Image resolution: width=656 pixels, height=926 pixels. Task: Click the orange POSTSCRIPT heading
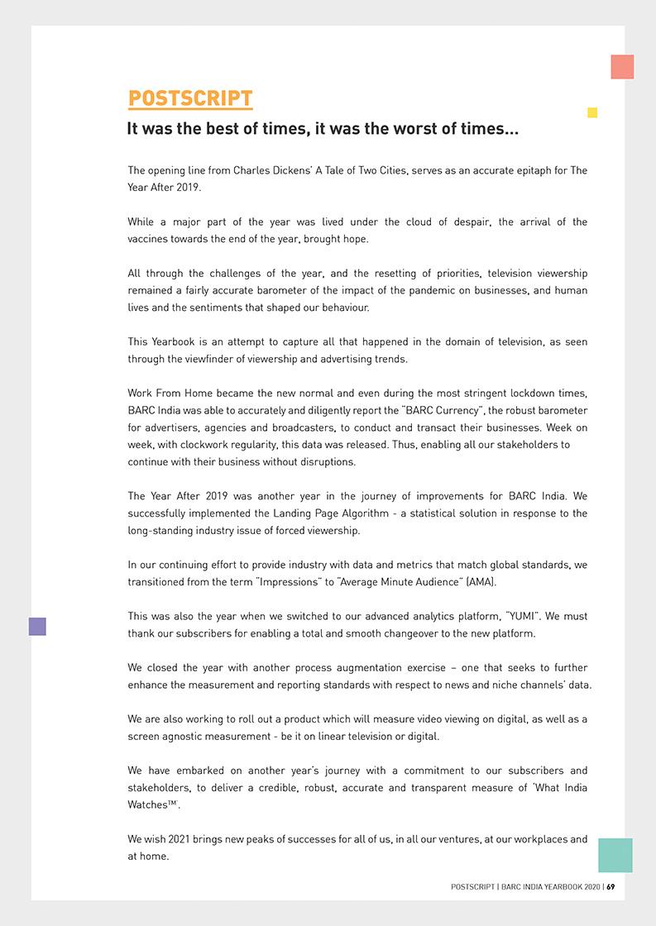[190, 98]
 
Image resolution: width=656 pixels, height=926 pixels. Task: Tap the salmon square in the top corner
[622, 67]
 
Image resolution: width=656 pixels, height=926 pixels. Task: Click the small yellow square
[592, 112]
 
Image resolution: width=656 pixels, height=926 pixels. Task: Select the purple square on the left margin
[37, 627]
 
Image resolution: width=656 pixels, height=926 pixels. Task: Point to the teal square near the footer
[615, 855]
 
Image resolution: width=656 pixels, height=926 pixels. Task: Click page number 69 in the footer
[611, 887]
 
